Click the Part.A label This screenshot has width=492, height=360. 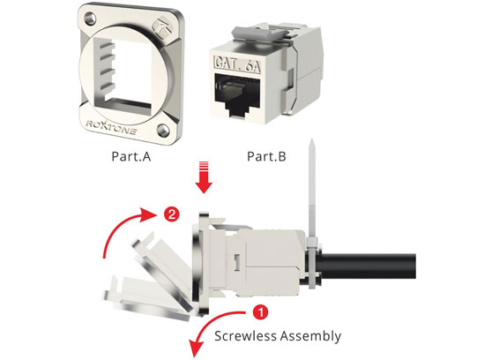[x=131, y=156]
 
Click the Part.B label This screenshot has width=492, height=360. [x=266, y=156]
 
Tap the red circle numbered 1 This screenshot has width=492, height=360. [x=260, y=312]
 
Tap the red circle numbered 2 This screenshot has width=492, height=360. [x=172, y=215]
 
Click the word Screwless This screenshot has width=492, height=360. [x=245, y=336]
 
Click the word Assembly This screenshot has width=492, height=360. [x=310, y=336]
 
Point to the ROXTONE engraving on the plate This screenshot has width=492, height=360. [x=111, y=127]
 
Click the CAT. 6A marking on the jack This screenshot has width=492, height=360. [x=237, y=64]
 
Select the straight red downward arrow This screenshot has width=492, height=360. [x=204, y=177]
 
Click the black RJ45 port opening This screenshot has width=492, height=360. [x=236, y=95]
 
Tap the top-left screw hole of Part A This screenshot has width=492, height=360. [x=89, y=18]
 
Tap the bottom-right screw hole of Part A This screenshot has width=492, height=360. [x=163, y=130]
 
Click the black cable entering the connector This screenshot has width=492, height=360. [x=366, y=266]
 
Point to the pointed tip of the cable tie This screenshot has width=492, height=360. [x=311, y=139]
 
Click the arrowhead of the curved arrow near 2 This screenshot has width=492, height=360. [x=149, y=215]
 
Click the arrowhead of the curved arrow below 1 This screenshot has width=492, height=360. [x=196, y=349]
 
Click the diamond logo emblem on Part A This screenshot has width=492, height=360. [x=163, y=27]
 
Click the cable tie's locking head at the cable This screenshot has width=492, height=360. [x=312, y=244]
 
